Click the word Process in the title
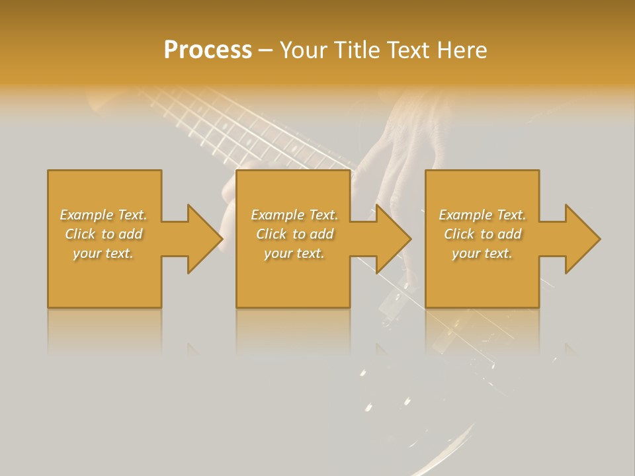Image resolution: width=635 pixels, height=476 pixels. click(208, 50)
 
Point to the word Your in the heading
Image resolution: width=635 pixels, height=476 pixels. click(304, 50)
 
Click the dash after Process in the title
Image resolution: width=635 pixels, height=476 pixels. click(265, 51)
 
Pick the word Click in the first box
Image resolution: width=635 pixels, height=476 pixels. click(81, 234)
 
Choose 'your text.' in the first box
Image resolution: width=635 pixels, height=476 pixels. click(103, 253)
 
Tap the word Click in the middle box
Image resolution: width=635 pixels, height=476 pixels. click(272, 234)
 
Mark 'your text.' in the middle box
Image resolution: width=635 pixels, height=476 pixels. click(294, 253)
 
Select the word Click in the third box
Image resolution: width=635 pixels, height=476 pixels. click(460, 234)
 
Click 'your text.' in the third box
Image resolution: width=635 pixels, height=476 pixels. click(482, 253)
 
